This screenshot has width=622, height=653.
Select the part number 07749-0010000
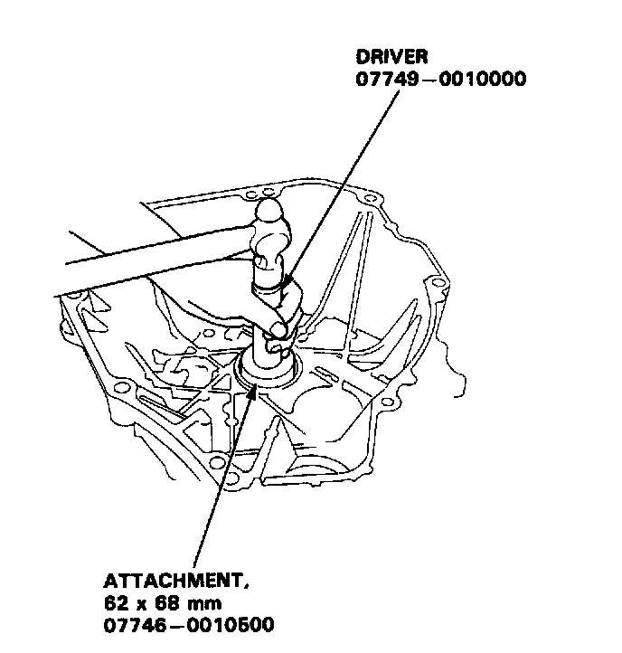click(442, 80)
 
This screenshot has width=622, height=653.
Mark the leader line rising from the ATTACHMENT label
click(217, 488)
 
